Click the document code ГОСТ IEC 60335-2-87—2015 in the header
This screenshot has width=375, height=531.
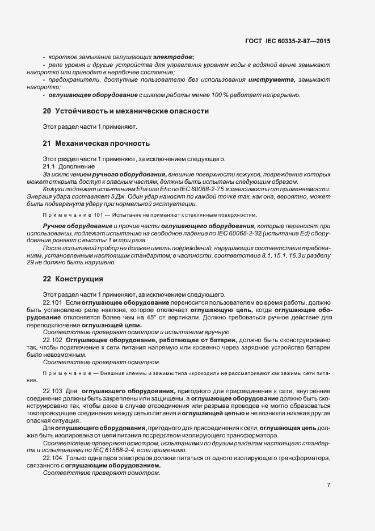tap(288, 41)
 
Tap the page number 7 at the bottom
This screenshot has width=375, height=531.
tap(329, 485)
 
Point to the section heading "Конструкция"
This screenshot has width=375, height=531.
tap(79, 279)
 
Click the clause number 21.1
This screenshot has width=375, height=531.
tap(49, 166)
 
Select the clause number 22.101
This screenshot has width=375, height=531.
tap(53, 302)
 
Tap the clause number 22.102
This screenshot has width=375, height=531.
tap(53, 339)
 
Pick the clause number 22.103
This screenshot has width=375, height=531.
tap(53, 391)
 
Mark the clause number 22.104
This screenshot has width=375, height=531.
tap(53, 457)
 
